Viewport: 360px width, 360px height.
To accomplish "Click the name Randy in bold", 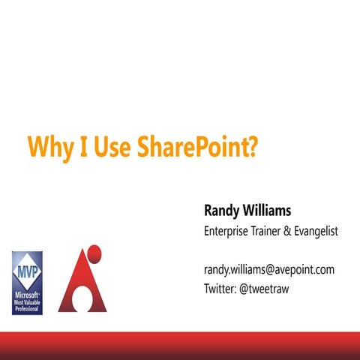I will click(223, 210).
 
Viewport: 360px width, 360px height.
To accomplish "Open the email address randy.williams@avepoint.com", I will click(269, 269).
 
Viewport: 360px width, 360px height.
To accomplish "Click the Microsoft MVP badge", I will click(27, 283).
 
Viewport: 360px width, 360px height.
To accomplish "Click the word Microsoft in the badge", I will click(27, 295).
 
